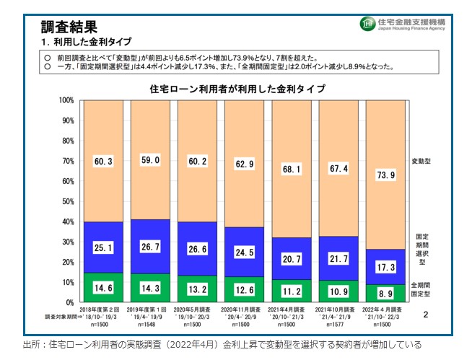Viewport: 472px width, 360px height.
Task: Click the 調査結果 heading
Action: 69,27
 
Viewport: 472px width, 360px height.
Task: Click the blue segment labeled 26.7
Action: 150,248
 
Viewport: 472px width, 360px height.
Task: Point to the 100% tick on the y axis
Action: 66,100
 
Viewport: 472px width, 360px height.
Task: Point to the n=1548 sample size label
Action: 150,325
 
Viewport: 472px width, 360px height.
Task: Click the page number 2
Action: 425,315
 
